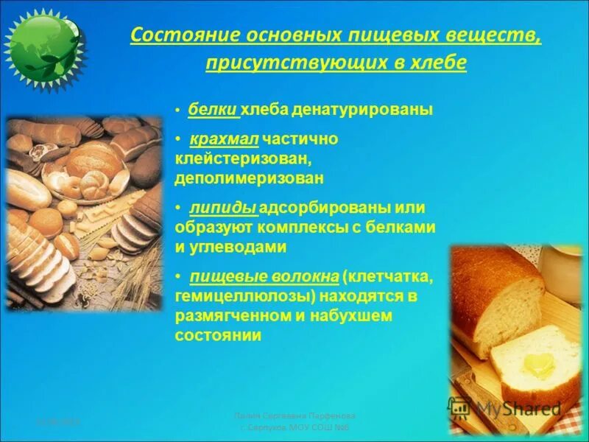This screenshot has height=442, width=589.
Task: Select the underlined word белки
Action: click(213, 110)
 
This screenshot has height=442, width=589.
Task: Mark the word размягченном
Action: click(226, 315)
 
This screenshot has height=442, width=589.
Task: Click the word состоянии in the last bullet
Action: click(218, 335)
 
